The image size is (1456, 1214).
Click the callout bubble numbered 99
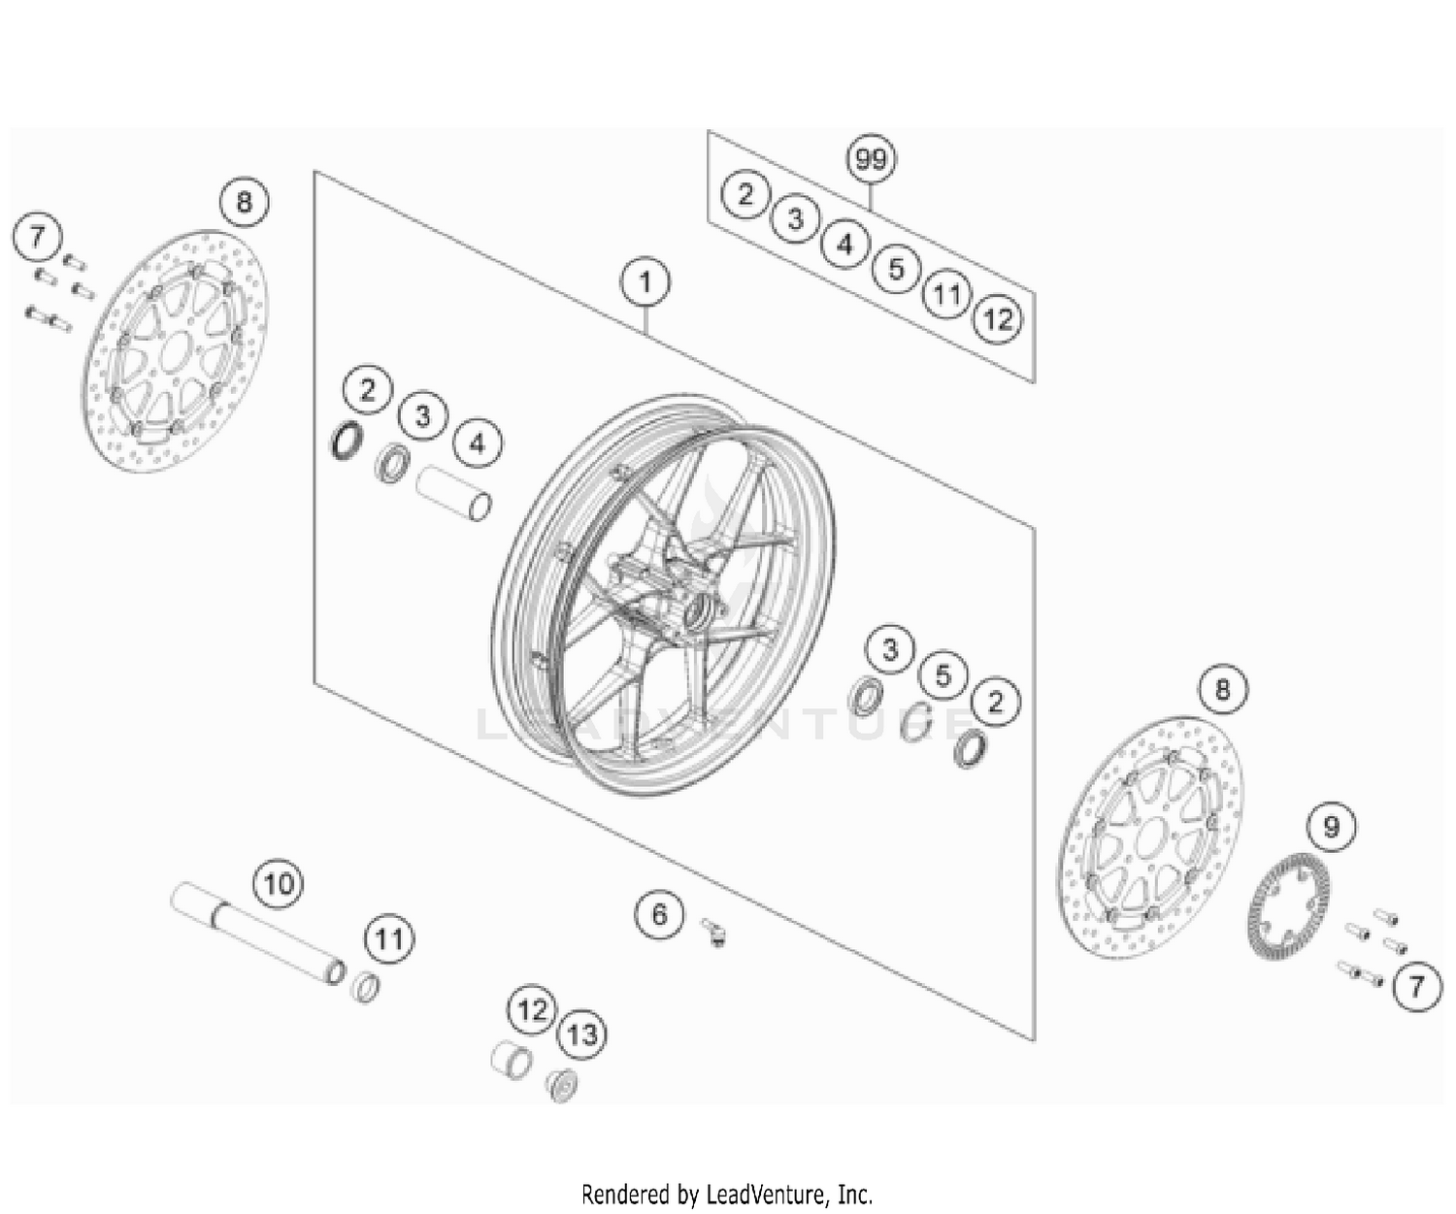click(871, 159)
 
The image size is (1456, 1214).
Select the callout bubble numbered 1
click(645, 282)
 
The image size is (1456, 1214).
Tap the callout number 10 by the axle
click(278, 884)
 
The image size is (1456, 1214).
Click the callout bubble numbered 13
click(581, 1034)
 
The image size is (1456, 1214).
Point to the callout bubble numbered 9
click(1331, 827)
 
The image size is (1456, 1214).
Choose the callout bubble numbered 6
click(660, 914)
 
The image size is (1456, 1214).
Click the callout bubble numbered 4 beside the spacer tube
click(477, 444)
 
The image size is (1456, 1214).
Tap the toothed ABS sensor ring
click(1287, 907)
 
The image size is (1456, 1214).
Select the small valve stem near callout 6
click(714, 934)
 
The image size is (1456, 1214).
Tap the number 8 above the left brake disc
click(244, 202)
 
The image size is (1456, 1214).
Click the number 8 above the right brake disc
click(1222, 689)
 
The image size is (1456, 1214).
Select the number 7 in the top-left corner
click(37, 237)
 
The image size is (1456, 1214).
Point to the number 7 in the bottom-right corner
click(1416, 987)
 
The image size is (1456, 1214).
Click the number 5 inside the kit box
click(896, 269)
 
